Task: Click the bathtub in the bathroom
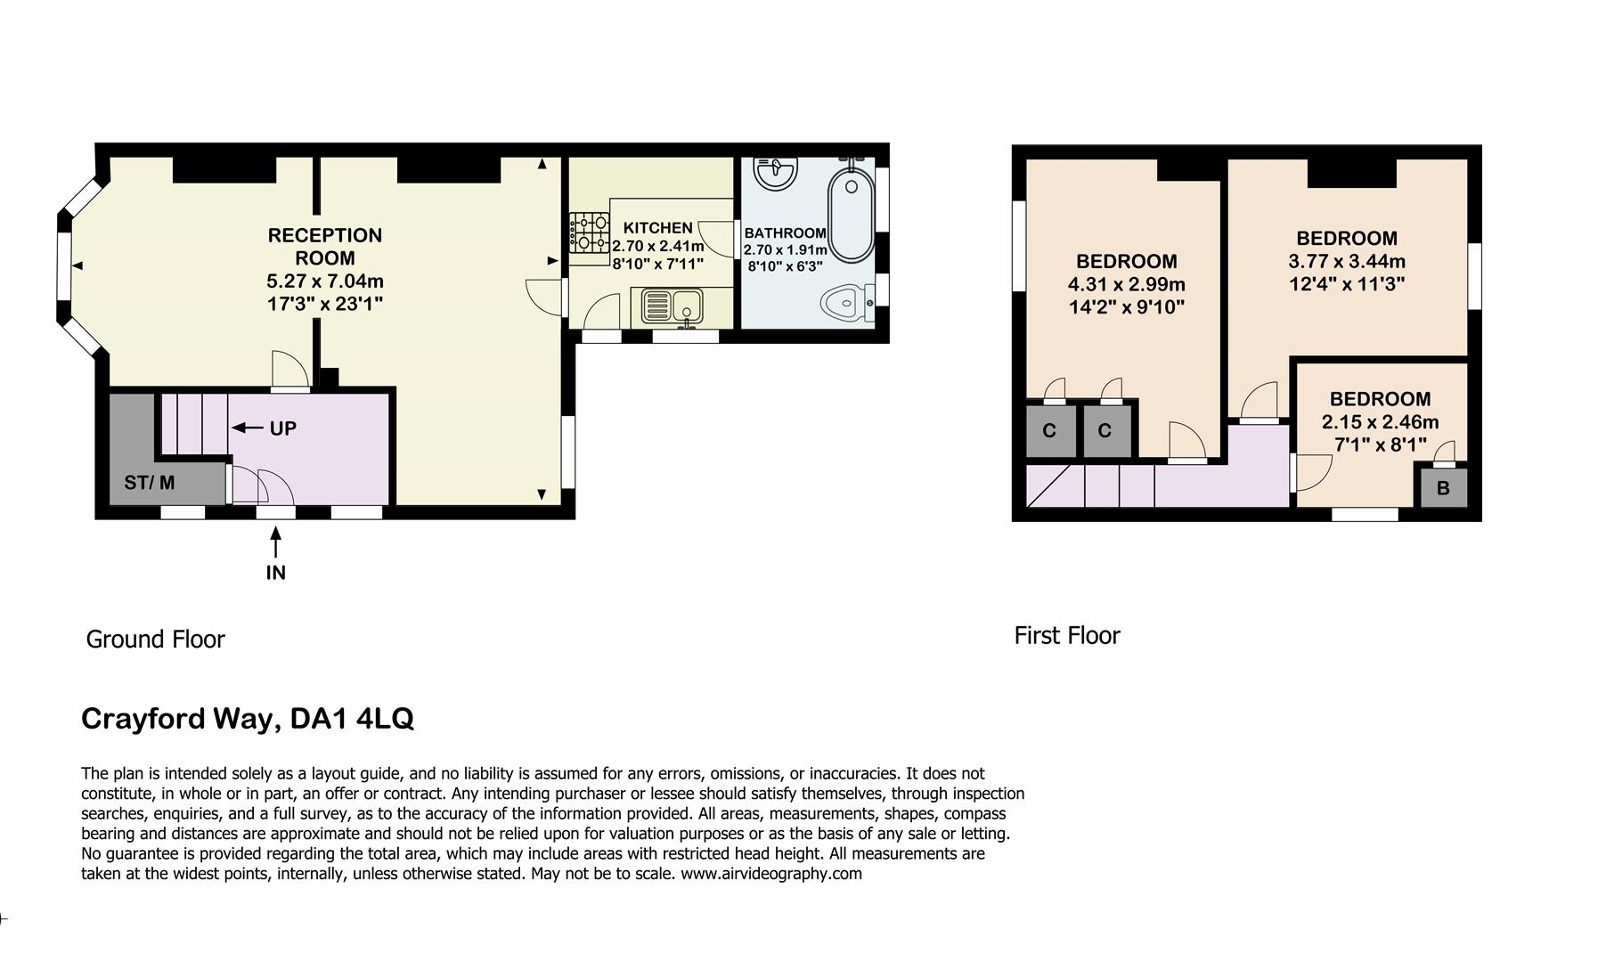pos(850,214)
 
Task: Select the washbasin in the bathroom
pos(775,173)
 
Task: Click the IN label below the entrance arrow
pos(276,573)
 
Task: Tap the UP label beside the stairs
pos(282,428)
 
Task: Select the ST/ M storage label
pos(149,483)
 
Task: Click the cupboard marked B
pos(1443,488)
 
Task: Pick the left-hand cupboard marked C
pos(1048,431)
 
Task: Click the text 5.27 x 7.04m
pos(325,281)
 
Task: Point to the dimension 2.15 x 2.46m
pos(1380,422)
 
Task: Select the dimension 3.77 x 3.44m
pos(1347,262)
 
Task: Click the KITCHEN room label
pos(657,228)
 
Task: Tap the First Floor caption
pos(1066,635)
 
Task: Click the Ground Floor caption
pos(155,639)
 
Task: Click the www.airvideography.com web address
pos(771,874)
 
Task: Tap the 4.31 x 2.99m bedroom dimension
pos(1126,285)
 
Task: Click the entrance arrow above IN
pos(276,542)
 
